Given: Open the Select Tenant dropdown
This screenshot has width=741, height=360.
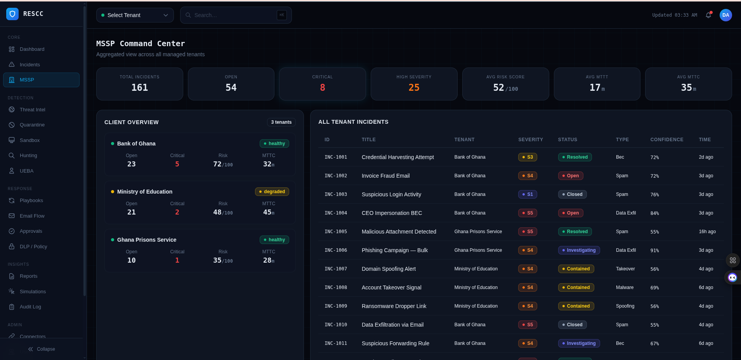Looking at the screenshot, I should point(135,15).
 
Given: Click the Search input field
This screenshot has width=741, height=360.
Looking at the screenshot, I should point(233,15).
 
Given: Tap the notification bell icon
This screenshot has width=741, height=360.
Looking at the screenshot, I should point(708,15).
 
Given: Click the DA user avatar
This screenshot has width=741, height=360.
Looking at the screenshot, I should point(725,15).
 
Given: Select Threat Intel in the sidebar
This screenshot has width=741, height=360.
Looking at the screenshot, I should point(32,110).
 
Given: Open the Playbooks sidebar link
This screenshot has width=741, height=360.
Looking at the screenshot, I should point(31,201).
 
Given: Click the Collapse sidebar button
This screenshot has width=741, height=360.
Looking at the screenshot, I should point(42,349).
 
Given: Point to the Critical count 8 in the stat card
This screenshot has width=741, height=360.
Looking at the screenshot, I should point(322,88).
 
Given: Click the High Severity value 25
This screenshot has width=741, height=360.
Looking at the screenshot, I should point(414,88).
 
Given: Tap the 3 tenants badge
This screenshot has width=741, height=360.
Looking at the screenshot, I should point(281,122).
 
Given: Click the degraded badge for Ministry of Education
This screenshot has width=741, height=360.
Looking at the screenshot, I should point(272,192).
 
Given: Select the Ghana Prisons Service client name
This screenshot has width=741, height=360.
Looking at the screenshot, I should point(146,240).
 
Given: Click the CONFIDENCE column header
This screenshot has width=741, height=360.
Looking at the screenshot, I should point(666,140).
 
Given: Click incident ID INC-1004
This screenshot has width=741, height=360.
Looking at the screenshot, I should point(335,213).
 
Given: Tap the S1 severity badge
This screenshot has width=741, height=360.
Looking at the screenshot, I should point(527,194).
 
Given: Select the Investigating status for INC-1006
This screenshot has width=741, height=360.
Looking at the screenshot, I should point(578,250).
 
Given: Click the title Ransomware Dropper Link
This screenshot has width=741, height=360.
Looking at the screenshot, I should point(394,306).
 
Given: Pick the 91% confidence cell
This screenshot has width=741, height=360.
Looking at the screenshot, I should point(654,251).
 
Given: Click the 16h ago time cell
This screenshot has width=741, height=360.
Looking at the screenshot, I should point(707,232).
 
